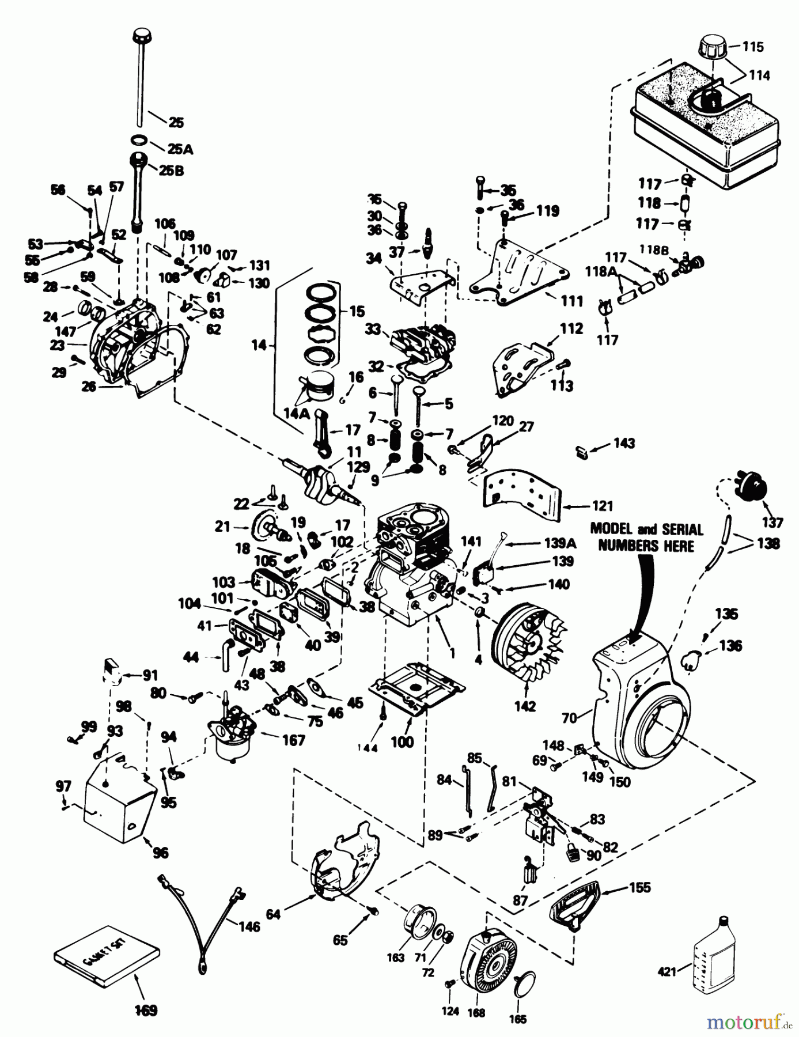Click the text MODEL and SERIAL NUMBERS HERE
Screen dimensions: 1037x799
646,537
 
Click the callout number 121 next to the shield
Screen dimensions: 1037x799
602,506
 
